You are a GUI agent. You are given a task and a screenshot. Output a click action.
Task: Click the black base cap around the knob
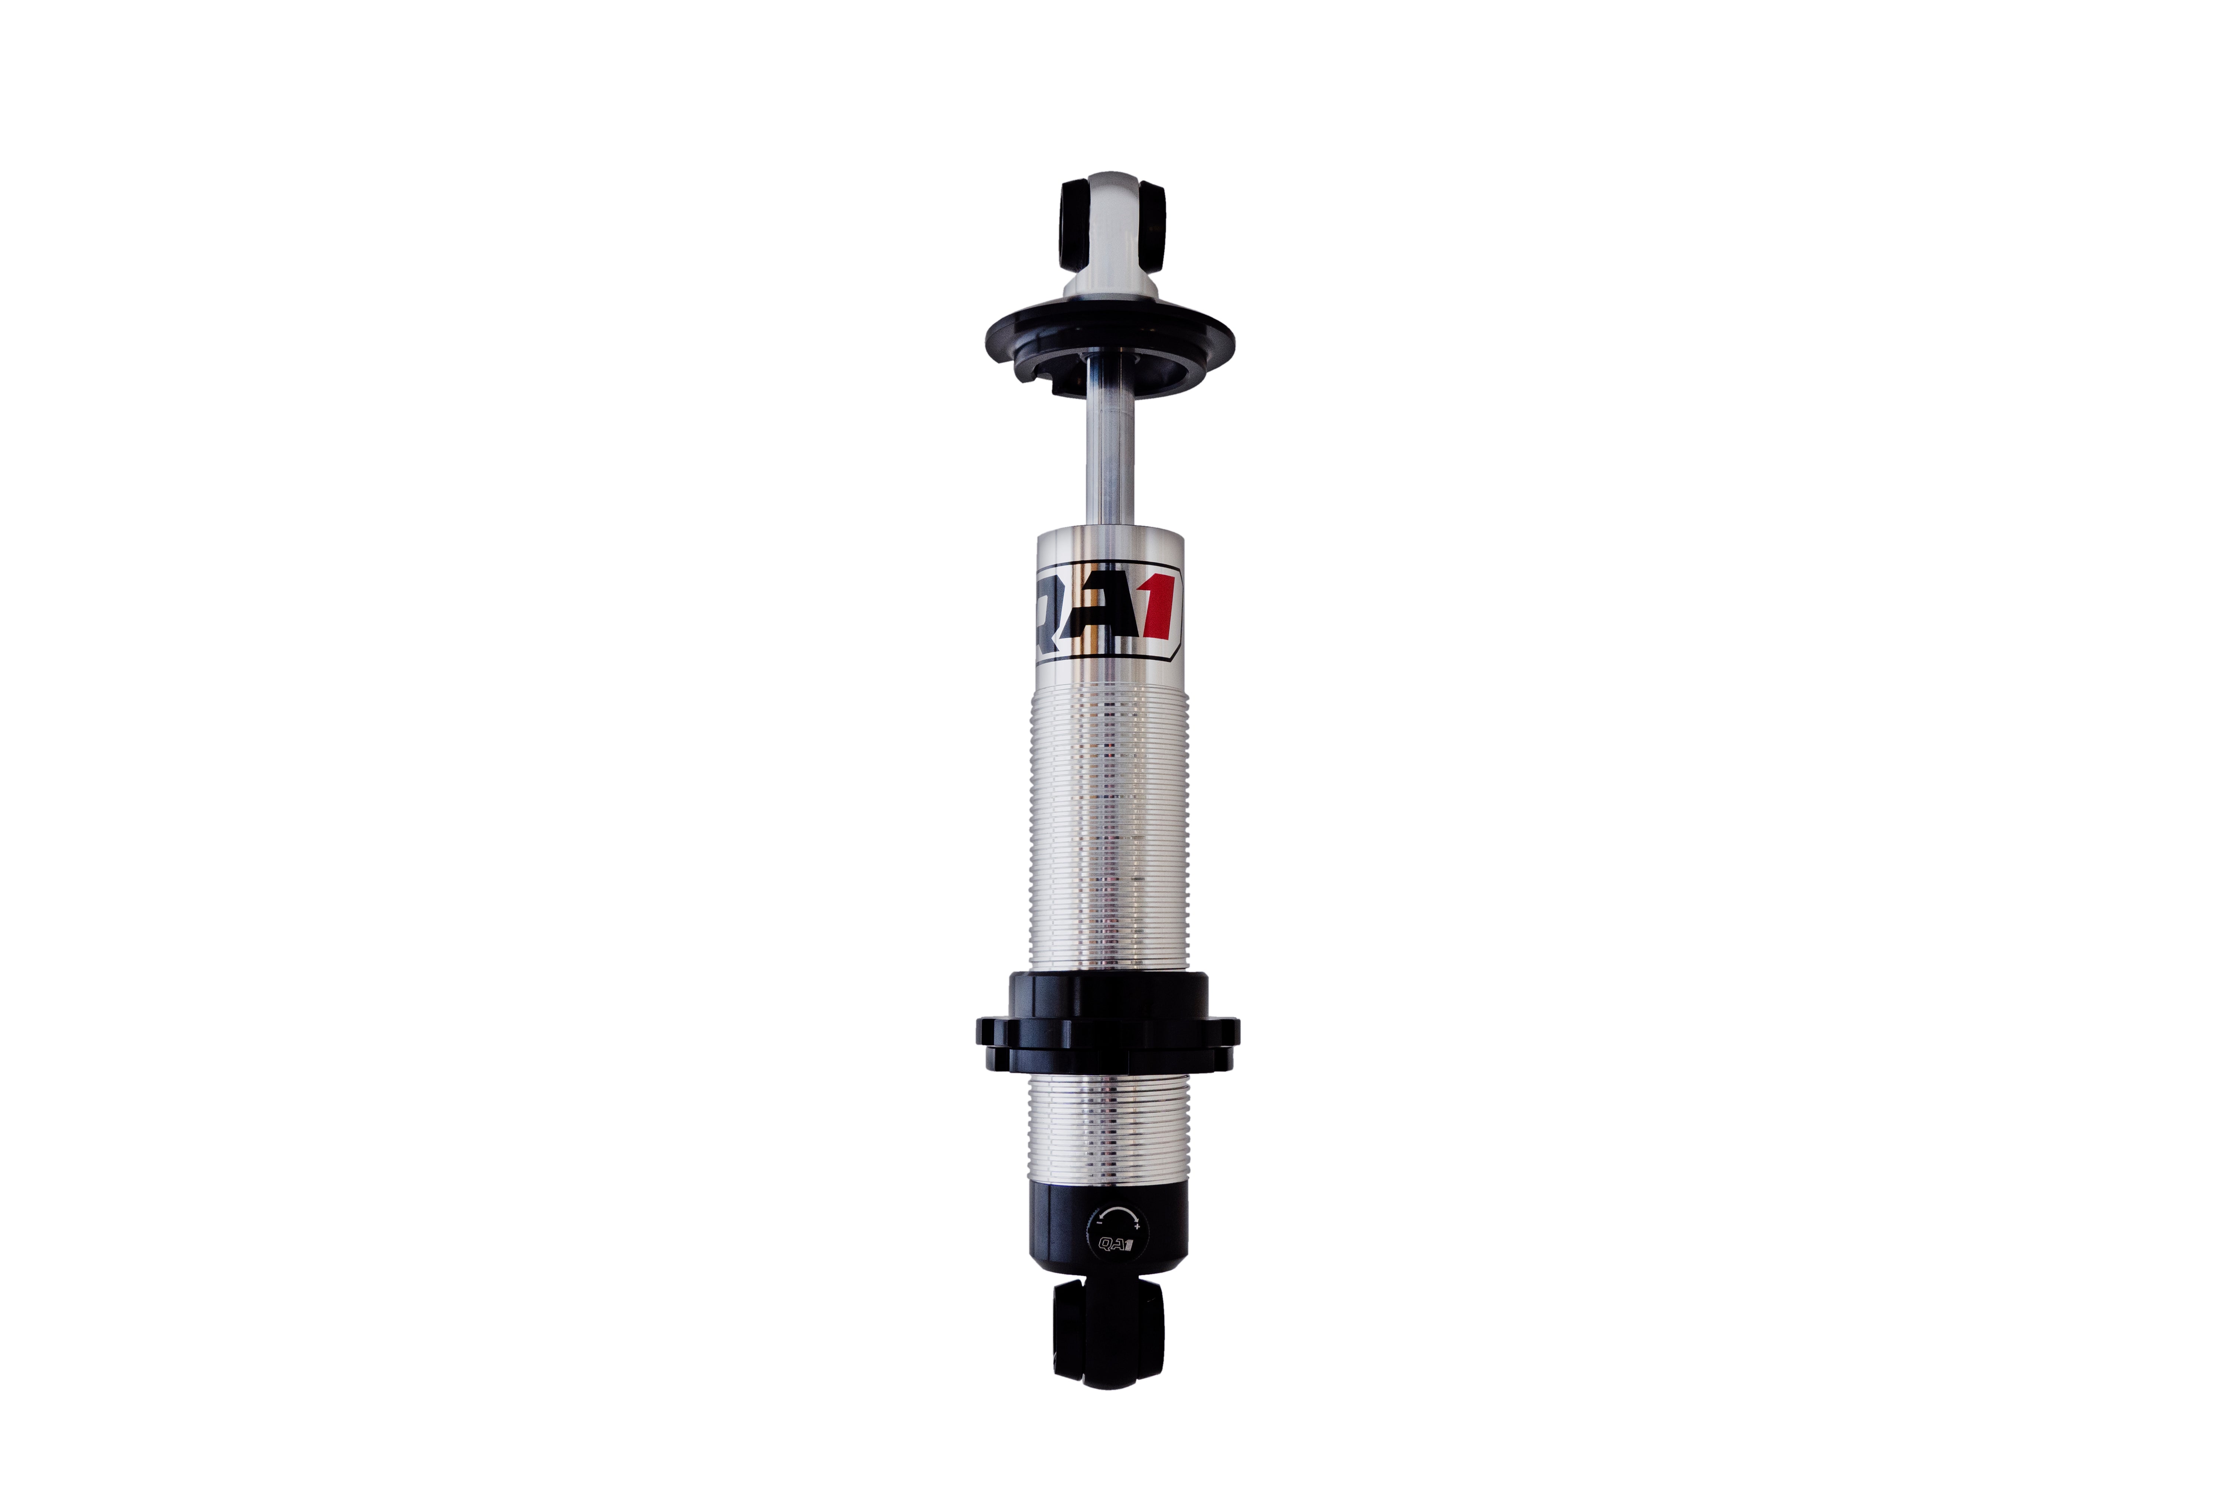click(x=1061, y=1227)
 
